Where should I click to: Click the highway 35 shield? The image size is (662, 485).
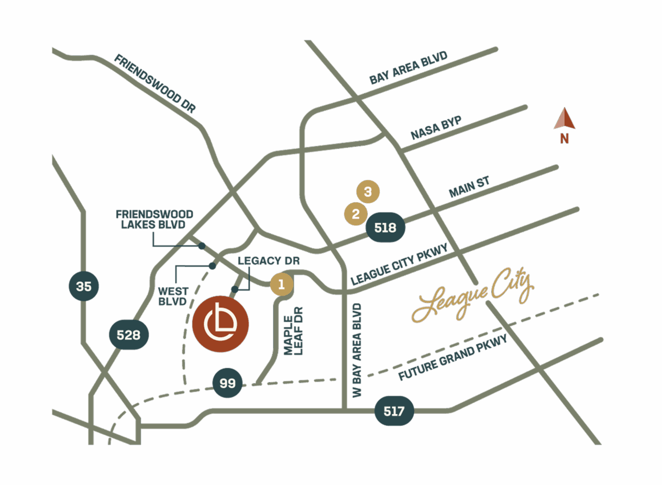point(84,286)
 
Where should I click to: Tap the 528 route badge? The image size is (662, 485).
point(129,335)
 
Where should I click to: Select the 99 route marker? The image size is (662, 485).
point(228,383)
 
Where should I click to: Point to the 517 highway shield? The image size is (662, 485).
point(394,412)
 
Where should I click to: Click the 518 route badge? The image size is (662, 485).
point(385,228)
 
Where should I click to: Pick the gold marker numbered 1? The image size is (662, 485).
point(281,284)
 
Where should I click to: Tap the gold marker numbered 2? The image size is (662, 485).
point(356,214)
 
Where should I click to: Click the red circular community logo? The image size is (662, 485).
point(220,324)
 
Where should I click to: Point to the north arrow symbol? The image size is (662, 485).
point(564,120)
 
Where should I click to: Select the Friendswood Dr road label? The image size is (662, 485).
point(155,84)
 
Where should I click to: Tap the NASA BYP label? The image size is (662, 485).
point(436,128)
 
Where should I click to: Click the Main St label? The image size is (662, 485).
point(469,187)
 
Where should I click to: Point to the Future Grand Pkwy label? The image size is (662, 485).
point(453,357)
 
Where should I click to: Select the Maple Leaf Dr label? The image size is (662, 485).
point(293,331)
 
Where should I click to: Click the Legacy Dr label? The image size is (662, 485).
point(269,261)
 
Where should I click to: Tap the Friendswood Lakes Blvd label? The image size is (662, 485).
point(154,219)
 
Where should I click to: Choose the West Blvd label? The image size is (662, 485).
point(173,296)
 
